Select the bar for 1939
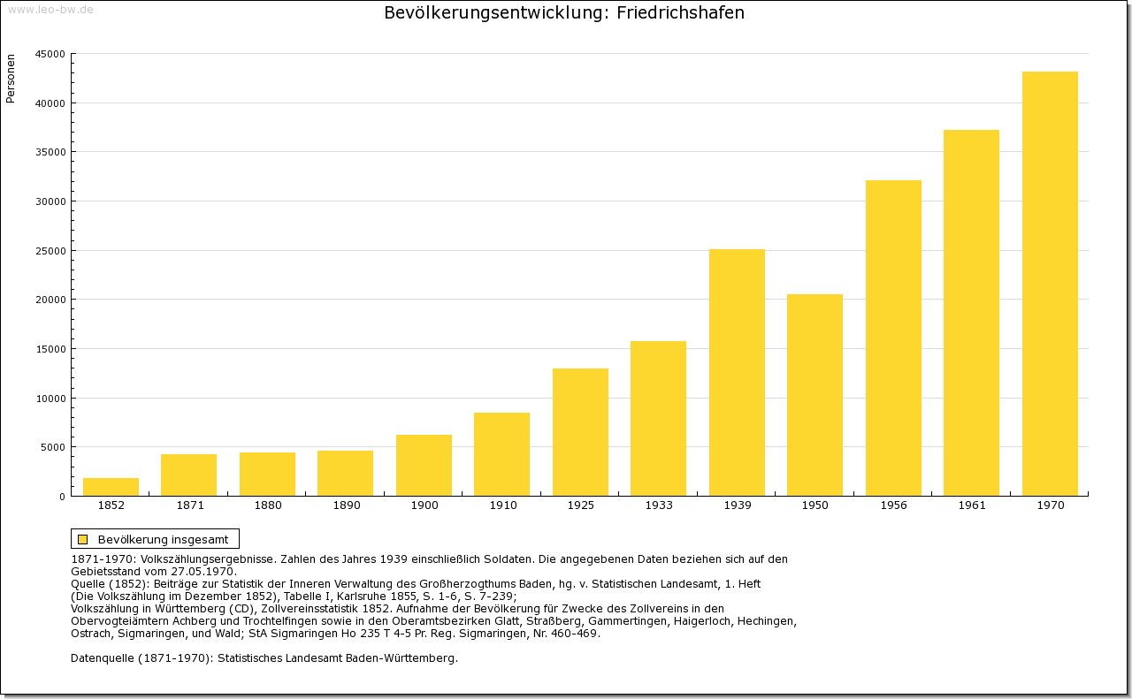coord(737,372)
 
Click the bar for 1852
coord(111,487)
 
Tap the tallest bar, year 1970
coord(1050,283)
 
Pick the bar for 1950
coord(815,394)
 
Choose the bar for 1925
coord(580,431)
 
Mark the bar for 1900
coord(424,465)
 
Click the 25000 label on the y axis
coord(50,251)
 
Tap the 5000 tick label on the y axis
coord(52,447)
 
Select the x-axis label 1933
coord(659,505)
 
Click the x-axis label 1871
coord(189,505)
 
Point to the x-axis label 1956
coord(893,505)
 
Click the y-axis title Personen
coord(11,79)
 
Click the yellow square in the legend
coord(82,539)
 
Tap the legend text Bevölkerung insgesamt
coord(163,539)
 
